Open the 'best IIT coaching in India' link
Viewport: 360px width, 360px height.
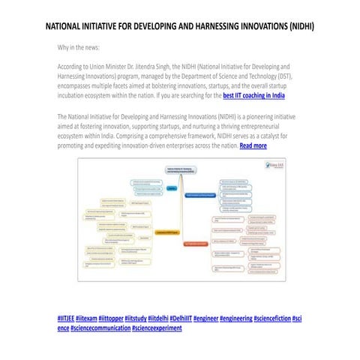(x=253, y=96)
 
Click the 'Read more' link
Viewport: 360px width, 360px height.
(x=253, y=145)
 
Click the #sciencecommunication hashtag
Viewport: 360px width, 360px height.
(x=100, y=328)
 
